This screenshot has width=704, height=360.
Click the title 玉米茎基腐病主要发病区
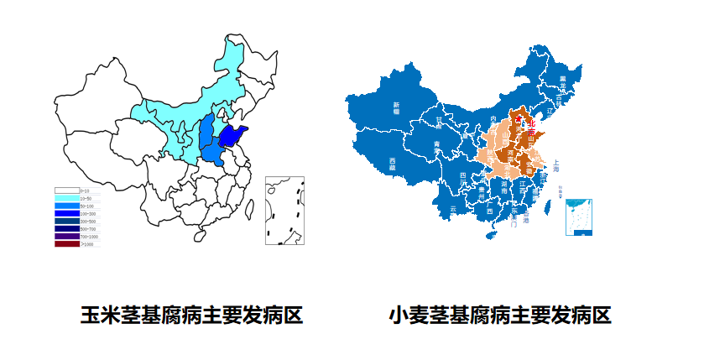click(x=191, y=316)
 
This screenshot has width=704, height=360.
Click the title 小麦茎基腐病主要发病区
click(x=500, y=316)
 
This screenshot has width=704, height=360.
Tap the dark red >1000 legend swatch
click(x=67, y=243)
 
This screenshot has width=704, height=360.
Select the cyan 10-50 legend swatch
click(x=67, y=198)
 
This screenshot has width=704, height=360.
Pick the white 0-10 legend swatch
click(x=67, y=190)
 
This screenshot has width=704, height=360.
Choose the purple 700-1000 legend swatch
click(x=67, y=236)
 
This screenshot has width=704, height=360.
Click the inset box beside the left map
click(x=284, y=211)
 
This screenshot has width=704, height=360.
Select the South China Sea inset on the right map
click(x=579, y=217)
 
